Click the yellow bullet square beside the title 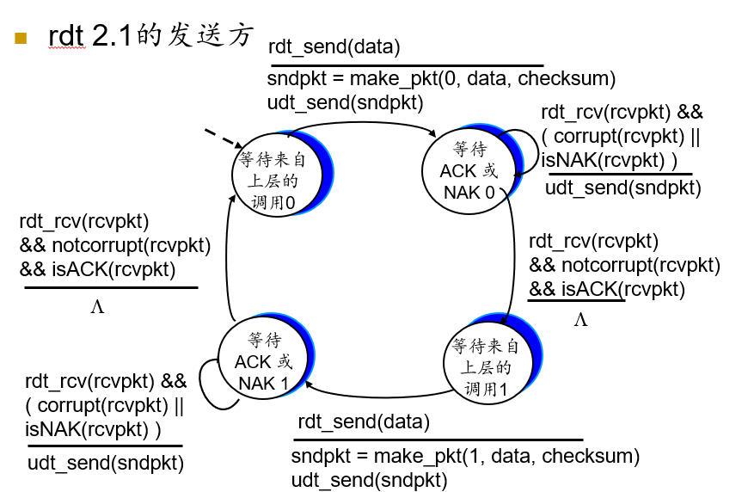[x=21, y=38]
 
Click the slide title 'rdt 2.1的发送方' [x=151, y=36]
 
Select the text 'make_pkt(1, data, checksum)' [x=494, y=456]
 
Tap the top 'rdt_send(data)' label [x=334, y=47]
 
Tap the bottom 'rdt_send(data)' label [x=363, y=422]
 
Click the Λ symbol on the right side [x=580, y=321]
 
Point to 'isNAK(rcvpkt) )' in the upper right [x=609, y=160]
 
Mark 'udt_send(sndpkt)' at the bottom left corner [x=106, y=463]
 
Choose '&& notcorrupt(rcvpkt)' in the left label [x=114, y=245]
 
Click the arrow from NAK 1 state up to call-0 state [x=229, y=258]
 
